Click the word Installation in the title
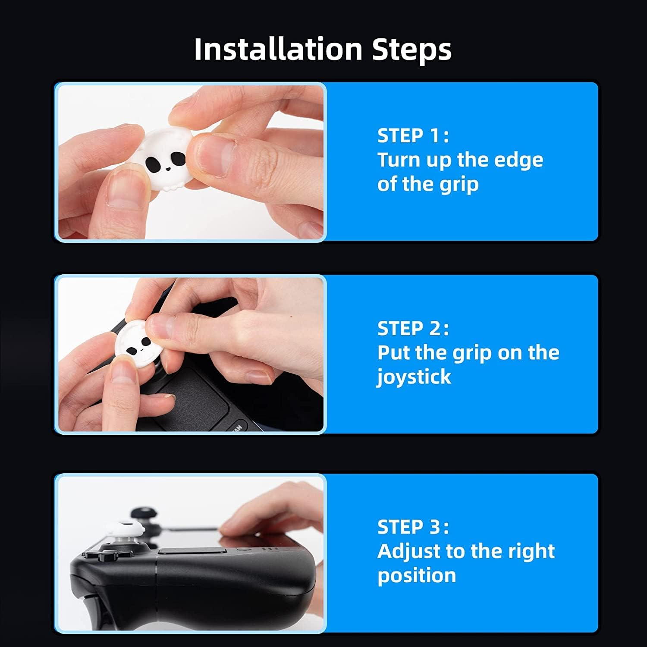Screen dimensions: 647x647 coord(277,49)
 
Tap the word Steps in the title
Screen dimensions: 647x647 coord(411,49)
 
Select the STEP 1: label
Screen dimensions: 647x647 coord(413,135)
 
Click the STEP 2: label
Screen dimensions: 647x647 coord(413,328)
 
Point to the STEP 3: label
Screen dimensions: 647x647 coord(413,527)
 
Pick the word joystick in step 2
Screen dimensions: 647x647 coord(414,377)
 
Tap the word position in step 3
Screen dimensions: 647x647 coord(416,575)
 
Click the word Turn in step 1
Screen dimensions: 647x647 coord(399,160)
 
